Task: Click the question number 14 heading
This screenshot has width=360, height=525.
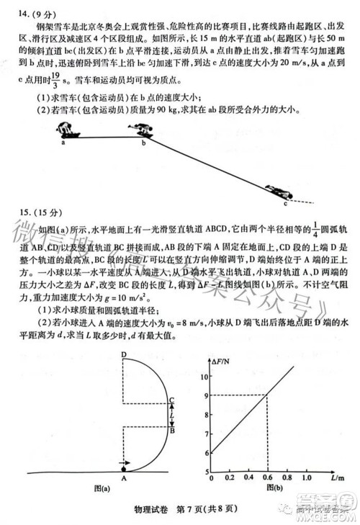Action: click(x=27, y=12)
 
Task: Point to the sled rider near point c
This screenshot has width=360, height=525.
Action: click(x=278, y=192)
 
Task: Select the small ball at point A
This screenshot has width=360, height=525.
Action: click(x=124, y=465)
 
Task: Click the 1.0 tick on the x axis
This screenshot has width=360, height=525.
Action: click(x=306, y=477)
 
